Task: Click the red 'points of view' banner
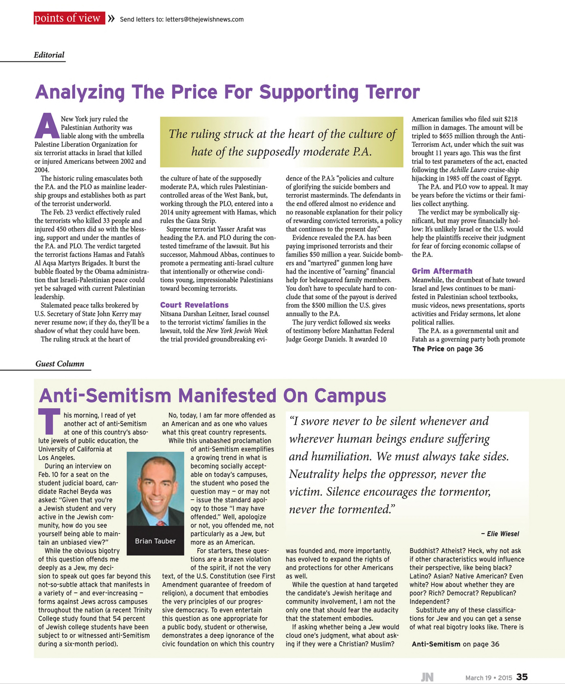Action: [69, 18]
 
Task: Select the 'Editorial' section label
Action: [49, 55]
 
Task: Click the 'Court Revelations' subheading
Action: [194, 305]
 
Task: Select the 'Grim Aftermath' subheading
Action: [442, 271]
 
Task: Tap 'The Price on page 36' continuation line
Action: [448, 349]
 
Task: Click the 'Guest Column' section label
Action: [60, 364]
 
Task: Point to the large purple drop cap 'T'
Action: [49, 421]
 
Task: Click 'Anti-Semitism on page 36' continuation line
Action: [455, 644]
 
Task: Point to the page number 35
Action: [522, 677]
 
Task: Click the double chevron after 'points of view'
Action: [111, 19]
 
